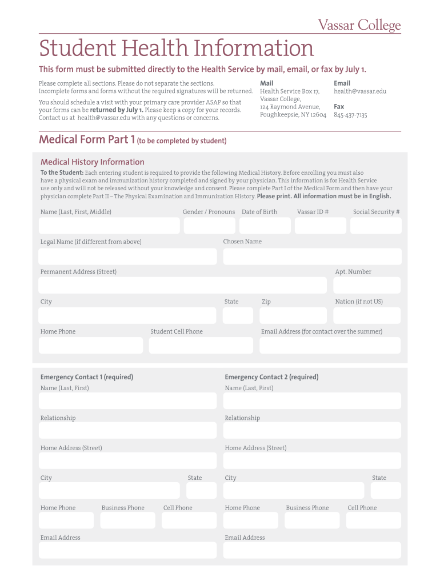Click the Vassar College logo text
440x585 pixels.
[x=359, y=25]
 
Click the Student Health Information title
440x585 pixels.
[x=177, y=48]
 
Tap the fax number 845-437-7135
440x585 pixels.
[x=350, y=115]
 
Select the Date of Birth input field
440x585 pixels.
[x=265, y=226]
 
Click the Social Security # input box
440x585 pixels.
[x=375, y=226]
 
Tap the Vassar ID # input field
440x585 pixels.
[x=320, y=226]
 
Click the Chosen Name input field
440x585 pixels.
[x=311, y=256]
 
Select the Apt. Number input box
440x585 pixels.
[x=367, y=286]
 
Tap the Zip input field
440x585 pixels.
[x=293, y=315]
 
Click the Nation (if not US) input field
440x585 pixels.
[x=367, y=315]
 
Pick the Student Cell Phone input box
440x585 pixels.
[x=201, y=345]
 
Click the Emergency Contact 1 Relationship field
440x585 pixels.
[x=127, y=430]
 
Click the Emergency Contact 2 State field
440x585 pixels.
[x=386, y=490]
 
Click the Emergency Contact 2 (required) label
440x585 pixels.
[x=271, y=377]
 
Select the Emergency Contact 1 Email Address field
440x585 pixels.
[x=127, y=550]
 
